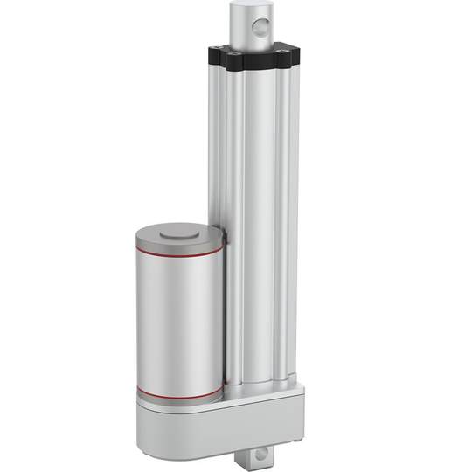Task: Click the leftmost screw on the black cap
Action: tap(216, 52)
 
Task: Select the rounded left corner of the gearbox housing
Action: tap(145, 420)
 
